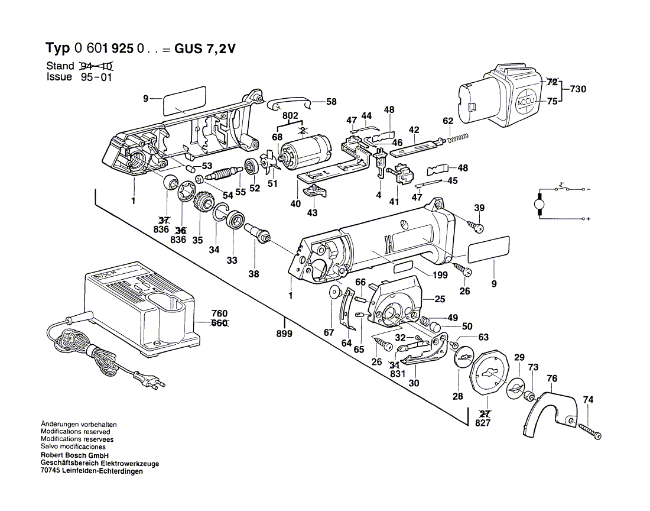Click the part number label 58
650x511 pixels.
[x=331, y=102]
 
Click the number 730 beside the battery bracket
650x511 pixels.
[x=580, y=89]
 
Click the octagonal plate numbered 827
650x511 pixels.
[x=490, y=374]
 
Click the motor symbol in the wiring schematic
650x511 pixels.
[x=539, y=204]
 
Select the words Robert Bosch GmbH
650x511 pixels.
[x=73, y=456]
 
